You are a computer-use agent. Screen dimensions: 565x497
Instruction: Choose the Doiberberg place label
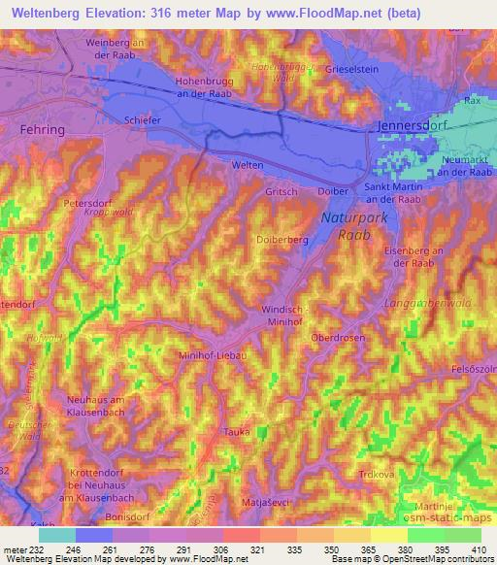pyautogui.click(x=282, y=238)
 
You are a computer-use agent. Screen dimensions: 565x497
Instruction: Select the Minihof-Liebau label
pyautogui.click(x=213, y=355)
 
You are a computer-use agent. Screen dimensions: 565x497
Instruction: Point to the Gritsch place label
pyautogui.click(x=281, y=192)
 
